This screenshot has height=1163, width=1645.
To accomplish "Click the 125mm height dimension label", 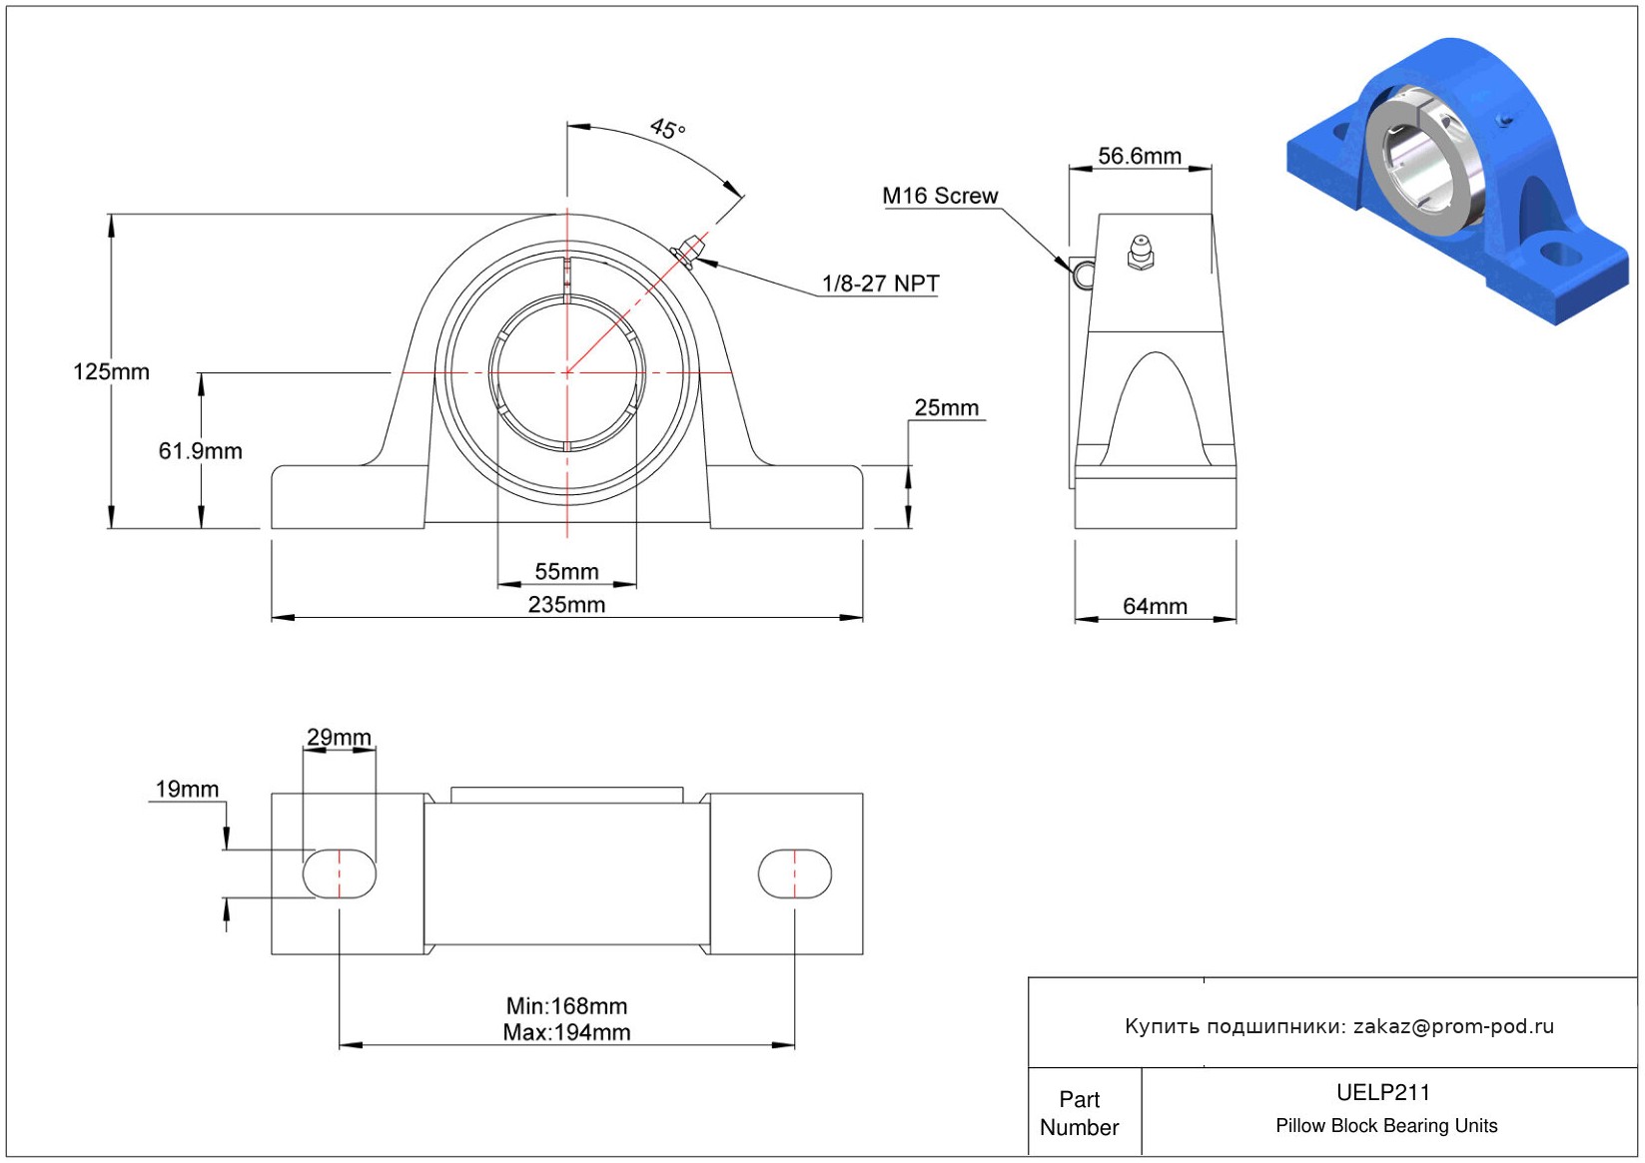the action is (x=111, y=371).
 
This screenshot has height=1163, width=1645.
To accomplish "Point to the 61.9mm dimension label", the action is (x=201, y=451).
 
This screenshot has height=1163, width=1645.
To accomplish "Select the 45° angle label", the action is (x=667, y=129).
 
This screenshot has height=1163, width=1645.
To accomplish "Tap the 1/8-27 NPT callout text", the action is (x=880, y=284).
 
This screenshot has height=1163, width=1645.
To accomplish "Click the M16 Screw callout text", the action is (x=940, y=196).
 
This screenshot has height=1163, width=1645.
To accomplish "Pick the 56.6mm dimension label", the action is (x=1139, y=156).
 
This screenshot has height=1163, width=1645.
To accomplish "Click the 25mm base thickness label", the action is (x=946, y=407).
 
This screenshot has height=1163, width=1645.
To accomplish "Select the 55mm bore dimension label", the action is (x=566, y=571).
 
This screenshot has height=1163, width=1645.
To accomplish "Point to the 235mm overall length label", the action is (x=566, y=604).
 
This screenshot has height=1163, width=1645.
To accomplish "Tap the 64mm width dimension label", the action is (x=1155, y=607).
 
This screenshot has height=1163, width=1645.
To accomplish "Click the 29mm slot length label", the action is (x=339, y=737).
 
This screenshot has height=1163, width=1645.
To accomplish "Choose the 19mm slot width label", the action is (x=187, y=790).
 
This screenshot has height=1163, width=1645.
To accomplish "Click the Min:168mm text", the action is (x=566, y=1006).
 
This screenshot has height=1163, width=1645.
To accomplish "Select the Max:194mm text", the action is (x=566, y=1032).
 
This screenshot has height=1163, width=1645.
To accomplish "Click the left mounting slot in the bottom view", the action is (x=340, y=873).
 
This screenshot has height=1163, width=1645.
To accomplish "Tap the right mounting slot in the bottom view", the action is (x=795, y=873).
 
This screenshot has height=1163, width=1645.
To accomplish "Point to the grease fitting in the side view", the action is (x=1140, y=253).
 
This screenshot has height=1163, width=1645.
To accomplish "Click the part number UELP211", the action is (x=1383, y=1092).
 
